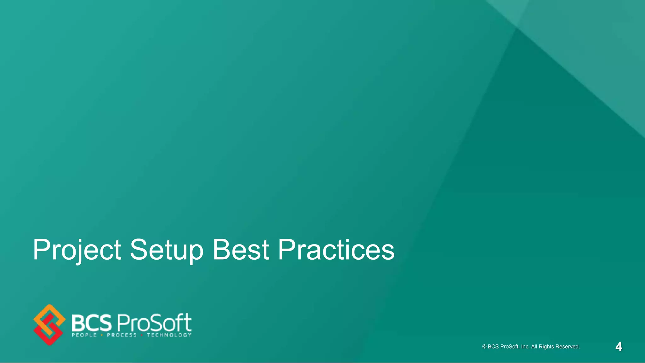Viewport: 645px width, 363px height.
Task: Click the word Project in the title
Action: pos(77,250)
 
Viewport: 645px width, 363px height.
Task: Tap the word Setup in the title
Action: pos(167,250)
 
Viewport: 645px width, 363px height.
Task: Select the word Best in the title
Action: pos(241,250)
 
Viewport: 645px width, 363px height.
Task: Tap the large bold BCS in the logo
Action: pos(92,323)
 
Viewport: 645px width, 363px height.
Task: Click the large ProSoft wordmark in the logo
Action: pos(154,323)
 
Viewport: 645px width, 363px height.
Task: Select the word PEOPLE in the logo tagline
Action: pos(84,335)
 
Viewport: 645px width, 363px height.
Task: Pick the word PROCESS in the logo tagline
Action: pos(122,335)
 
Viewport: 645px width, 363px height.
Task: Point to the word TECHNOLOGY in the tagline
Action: pos(169,335)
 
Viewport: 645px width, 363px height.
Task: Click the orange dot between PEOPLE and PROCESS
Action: pos(102,335)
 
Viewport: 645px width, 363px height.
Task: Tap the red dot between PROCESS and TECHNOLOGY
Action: pos(142,335)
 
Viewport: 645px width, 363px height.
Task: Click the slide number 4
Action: pos(619,347)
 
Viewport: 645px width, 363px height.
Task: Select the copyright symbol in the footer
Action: pos(484,347)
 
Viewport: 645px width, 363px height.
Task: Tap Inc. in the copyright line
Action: pos(525,347)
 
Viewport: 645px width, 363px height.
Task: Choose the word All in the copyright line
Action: pos(534,347)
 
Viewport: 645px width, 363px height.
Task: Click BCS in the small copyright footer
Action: pos(493,347)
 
